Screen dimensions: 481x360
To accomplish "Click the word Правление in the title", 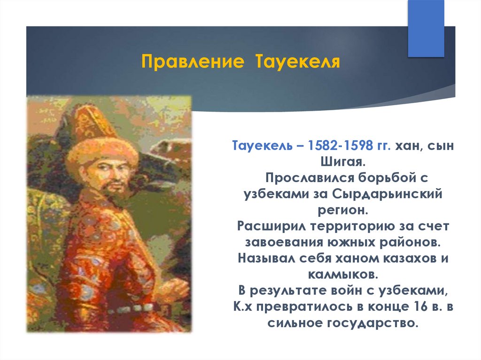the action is coord(193,61).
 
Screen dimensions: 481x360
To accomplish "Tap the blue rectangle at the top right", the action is coord(426,28).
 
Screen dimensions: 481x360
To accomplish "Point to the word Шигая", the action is coord(343,161).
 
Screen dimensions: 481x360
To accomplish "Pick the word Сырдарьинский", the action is coord(388,194).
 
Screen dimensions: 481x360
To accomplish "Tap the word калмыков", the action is coord(342,275).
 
